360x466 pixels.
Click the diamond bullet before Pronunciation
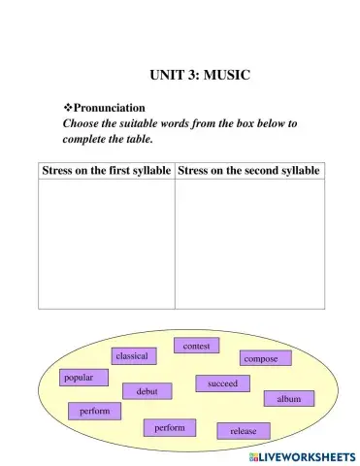68,108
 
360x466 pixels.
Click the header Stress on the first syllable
107,171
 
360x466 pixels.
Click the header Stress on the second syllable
249,171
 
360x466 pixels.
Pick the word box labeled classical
132,356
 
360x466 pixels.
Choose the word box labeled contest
197,345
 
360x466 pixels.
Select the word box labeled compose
260,359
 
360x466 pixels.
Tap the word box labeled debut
147,391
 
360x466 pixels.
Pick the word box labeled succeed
222,383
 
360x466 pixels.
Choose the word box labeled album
289,399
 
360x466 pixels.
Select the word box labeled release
244,430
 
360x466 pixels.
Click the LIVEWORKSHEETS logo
302,455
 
